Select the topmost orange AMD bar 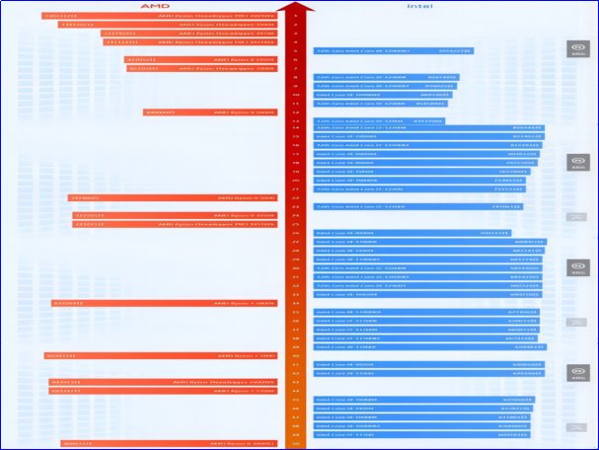click(x=158, y=16)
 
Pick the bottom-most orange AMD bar click(x=168, y=444)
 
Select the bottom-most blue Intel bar click(x=419, y=434)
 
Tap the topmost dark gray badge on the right click(x=577, y=48)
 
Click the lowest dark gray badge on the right click(x=577, y=373)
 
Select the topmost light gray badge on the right click(x=577, y=217)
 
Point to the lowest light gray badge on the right click(x=577, y=426)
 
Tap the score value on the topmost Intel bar click(x=454, y=50)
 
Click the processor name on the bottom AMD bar click(x=242, y=444)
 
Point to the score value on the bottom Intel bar click(x=512, y=434)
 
